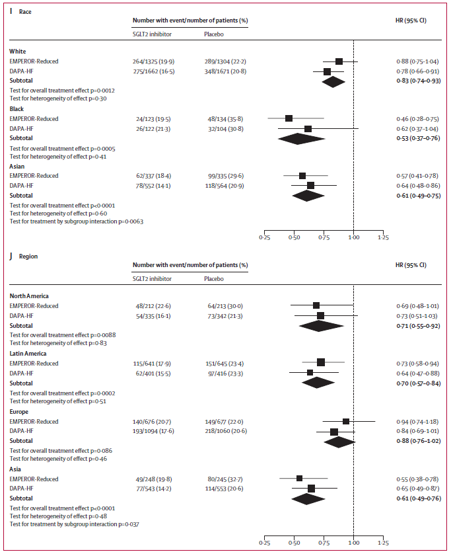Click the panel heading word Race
(x=25, y=11)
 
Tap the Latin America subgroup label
(x=28, y=353)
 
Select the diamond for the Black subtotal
(x=306, y=138)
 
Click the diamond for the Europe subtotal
(x=337, y=441)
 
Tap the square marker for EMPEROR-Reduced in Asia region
(x=300, y=478)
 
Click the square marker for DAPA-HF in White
(x=327, y=71)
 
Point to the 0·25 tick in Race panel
(x=265, y=236)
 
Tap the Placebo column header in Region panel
(x=213, y=278)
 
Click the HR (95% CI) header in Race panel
(x=406, y=20)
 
